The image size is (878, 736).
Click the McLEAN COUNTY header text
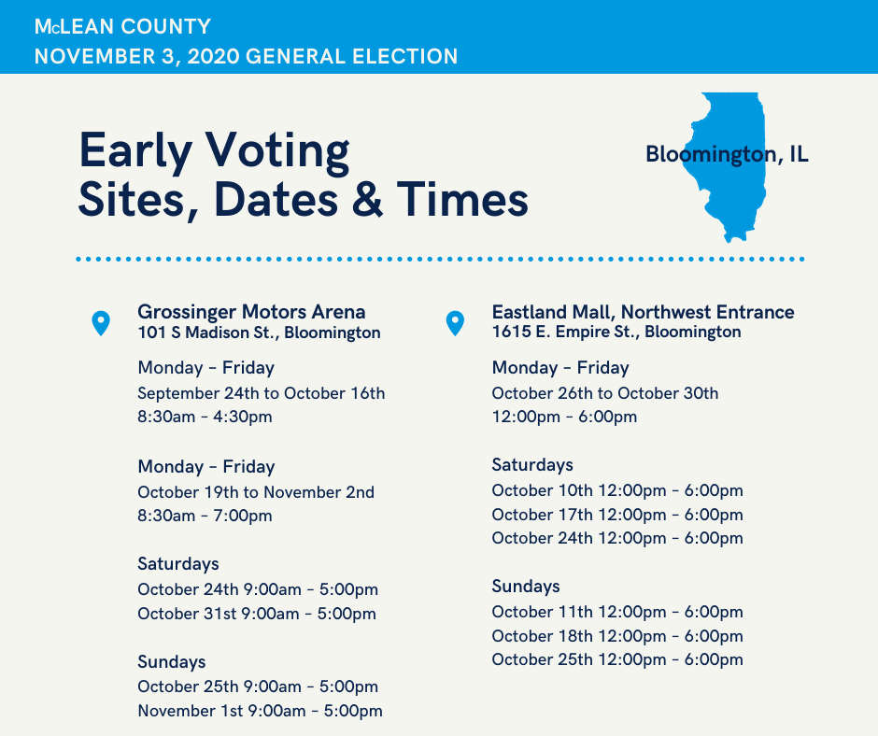click(122, 26)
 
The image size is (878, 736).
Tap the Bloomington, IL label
click(727, 154)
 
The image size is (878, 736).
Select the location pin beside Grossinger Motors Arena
click(101, 323)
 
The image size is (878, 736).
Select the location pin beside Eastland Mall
click(455, 323)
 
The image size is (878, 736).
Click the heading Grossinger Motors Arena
click(251, 311)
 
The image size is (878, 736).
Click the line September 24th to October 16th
click(262, 393)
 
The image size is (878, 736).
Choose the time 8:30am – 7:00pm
click(205, 516)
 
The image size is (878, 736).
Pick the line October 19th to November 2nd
click(256, 492)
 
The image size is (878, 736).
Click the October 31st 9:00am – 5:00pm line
click(257, 614)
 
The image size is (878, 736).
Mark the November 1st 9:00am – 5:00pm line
click(261, 711)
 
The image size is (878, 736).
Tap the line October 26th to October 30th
click(605, 393)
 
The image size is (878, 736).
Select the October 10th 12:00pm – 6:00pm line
click(617, 490)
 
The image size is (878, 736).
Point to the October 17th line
click(617, 515)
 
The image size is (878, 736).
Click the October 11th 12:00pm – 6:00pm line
click(617, 612)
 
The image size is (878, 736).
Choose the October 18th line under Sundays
click(617, 636)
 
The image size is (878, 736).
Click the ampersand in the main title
click(367, 199)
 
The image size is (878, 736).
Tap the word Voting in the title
click(277, 152)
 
